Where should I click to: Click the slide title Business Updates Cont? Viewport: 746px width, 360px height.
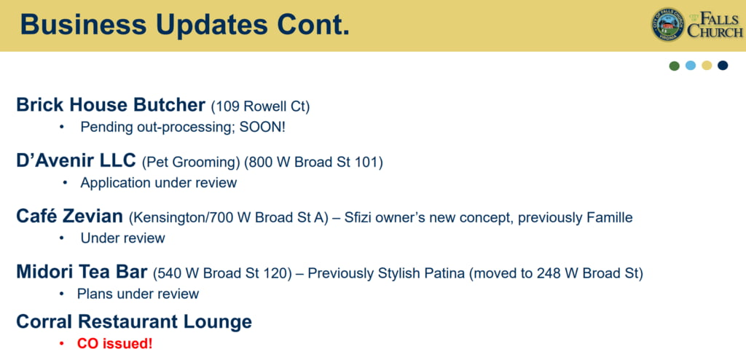pyautogui.click(x=184, y=25)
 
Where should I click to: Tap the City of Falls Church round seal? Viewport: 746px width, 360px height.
pyautogui.click(x=669, y=24)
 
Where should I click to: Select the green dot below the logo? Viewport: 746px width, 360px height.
pyautogui.click(x=674, y=66)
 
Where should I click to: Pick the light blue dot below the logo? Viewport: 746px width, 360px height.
pyautogui.click(x=691, y=66)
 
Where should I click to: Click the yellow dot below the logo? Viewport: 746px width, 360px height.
pyautogui.click(x=707, y=66)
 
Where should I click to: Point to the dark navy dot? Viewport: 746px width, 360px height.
pyautogui.click(x=723, y=66)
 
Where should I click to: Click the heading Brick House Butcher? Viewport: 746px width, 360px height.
pyautogui.click(x=111, y=105)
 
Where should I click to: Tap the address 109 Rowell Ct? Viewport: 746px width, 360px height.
pyautogui.click(x=260, y=106)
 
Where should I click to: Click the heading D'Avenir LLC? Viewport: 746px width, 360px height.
pyautogui.click(x=76, y=160)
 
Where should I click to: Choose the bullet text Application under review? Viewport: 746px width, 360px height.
pyautogui.click(x=158, y=183)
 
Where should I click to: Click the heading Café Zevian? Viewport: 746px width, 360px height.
pyautogui.click(x=69, y=216)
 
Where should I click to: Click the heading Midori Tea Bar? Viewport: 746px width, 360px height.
pyautogui.click(x=82, y=271)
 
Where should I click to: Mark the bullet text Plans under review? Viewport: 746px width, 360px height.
pyautogui.click(x=138, y=294)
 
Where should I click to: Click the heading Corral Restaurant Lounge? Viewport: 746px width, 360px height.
pyautogui.click(x=134, y=322)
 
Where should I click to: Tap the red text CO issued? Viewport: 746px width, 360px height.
pyautogui.click(x=115, y=344)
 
